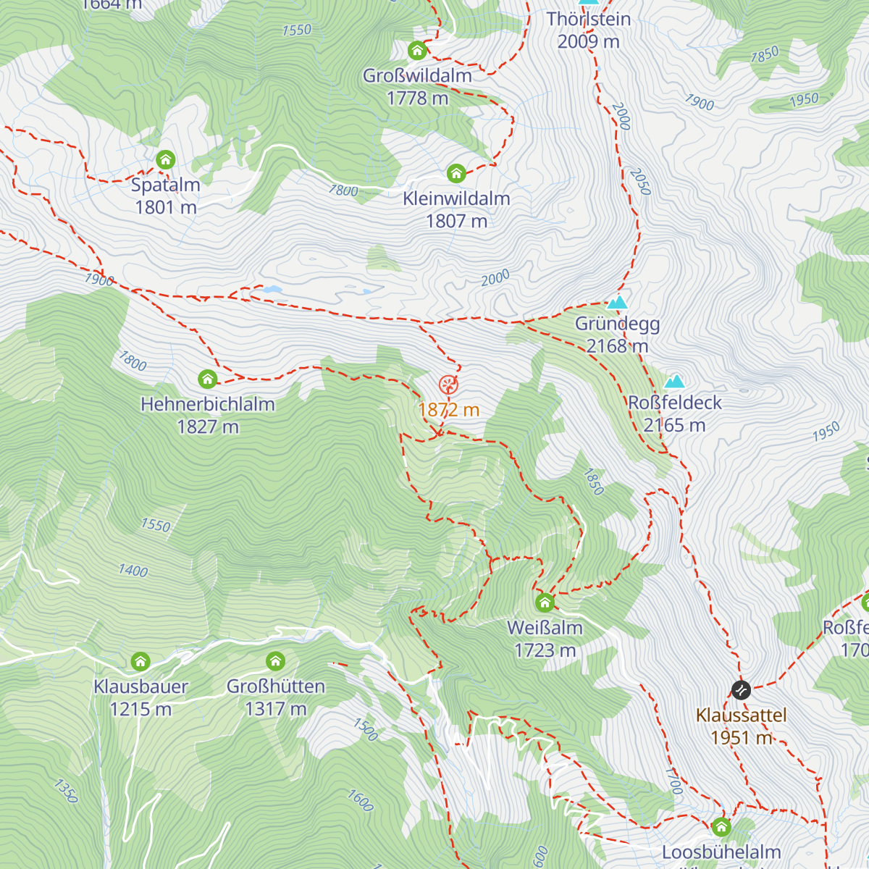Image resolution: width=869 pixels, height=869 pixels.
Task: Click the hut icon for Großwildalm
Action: (x=417, y=51)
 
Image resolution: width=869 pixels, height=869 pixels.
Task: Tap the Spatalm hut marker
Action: (x=166, y=160)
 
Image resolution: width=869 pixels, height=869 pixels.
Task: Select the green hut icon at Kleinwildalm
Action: (x=456, y=174)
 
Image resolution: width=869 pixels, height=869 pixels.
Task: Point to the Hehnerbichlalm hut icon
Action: (x=208, y=379)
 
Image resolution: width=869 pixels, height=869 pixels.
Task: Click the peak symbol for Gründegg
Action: (x=617, y=303)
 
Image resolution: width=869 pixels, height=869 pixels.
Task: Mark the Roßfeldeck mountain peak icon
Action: (x=675, y=382)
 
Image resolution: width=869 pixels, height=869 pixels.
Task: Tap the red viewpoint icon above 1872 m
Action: (x=448, y=385)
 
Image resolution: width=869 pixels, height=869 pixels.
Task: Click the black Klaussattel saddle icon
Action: (x=741, y=690)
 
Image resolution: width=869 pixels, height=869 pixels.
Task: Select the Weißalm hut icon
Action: (x=545, y=603)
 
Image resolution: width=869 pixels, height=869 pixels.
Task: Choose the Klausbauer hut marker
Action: (x=140, y=661)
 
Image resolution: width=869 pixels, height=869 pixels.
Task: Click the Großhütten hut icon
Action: (x=275, y=661)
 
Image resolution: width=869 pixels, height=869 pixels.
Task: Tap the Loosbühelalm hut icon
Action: (x=721, y=827)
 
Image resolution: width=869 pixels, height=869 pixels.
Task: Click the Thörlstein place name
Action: (x=589, y=20)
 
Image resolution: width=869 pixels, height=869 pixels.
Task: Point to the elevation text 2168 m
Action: (x=617, y=346)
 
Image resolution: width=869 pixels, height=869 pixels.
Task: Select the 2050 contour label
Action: (x=640, y=182)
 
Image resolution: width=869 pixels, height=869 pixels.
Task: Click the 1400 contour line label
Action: (x=133, y=571)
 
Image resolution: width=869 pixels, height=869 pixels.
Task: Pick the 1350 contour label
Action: (x=65, y=791)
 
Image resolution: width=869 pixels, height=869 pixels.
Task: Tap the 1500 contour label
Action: (x=366, y=729)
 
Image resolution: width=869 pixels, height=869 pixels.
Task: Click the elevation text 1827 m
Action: (x=208, y=427)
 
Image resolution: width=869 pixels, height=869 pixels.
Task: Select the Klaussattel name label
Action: (x=741, y=715)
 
